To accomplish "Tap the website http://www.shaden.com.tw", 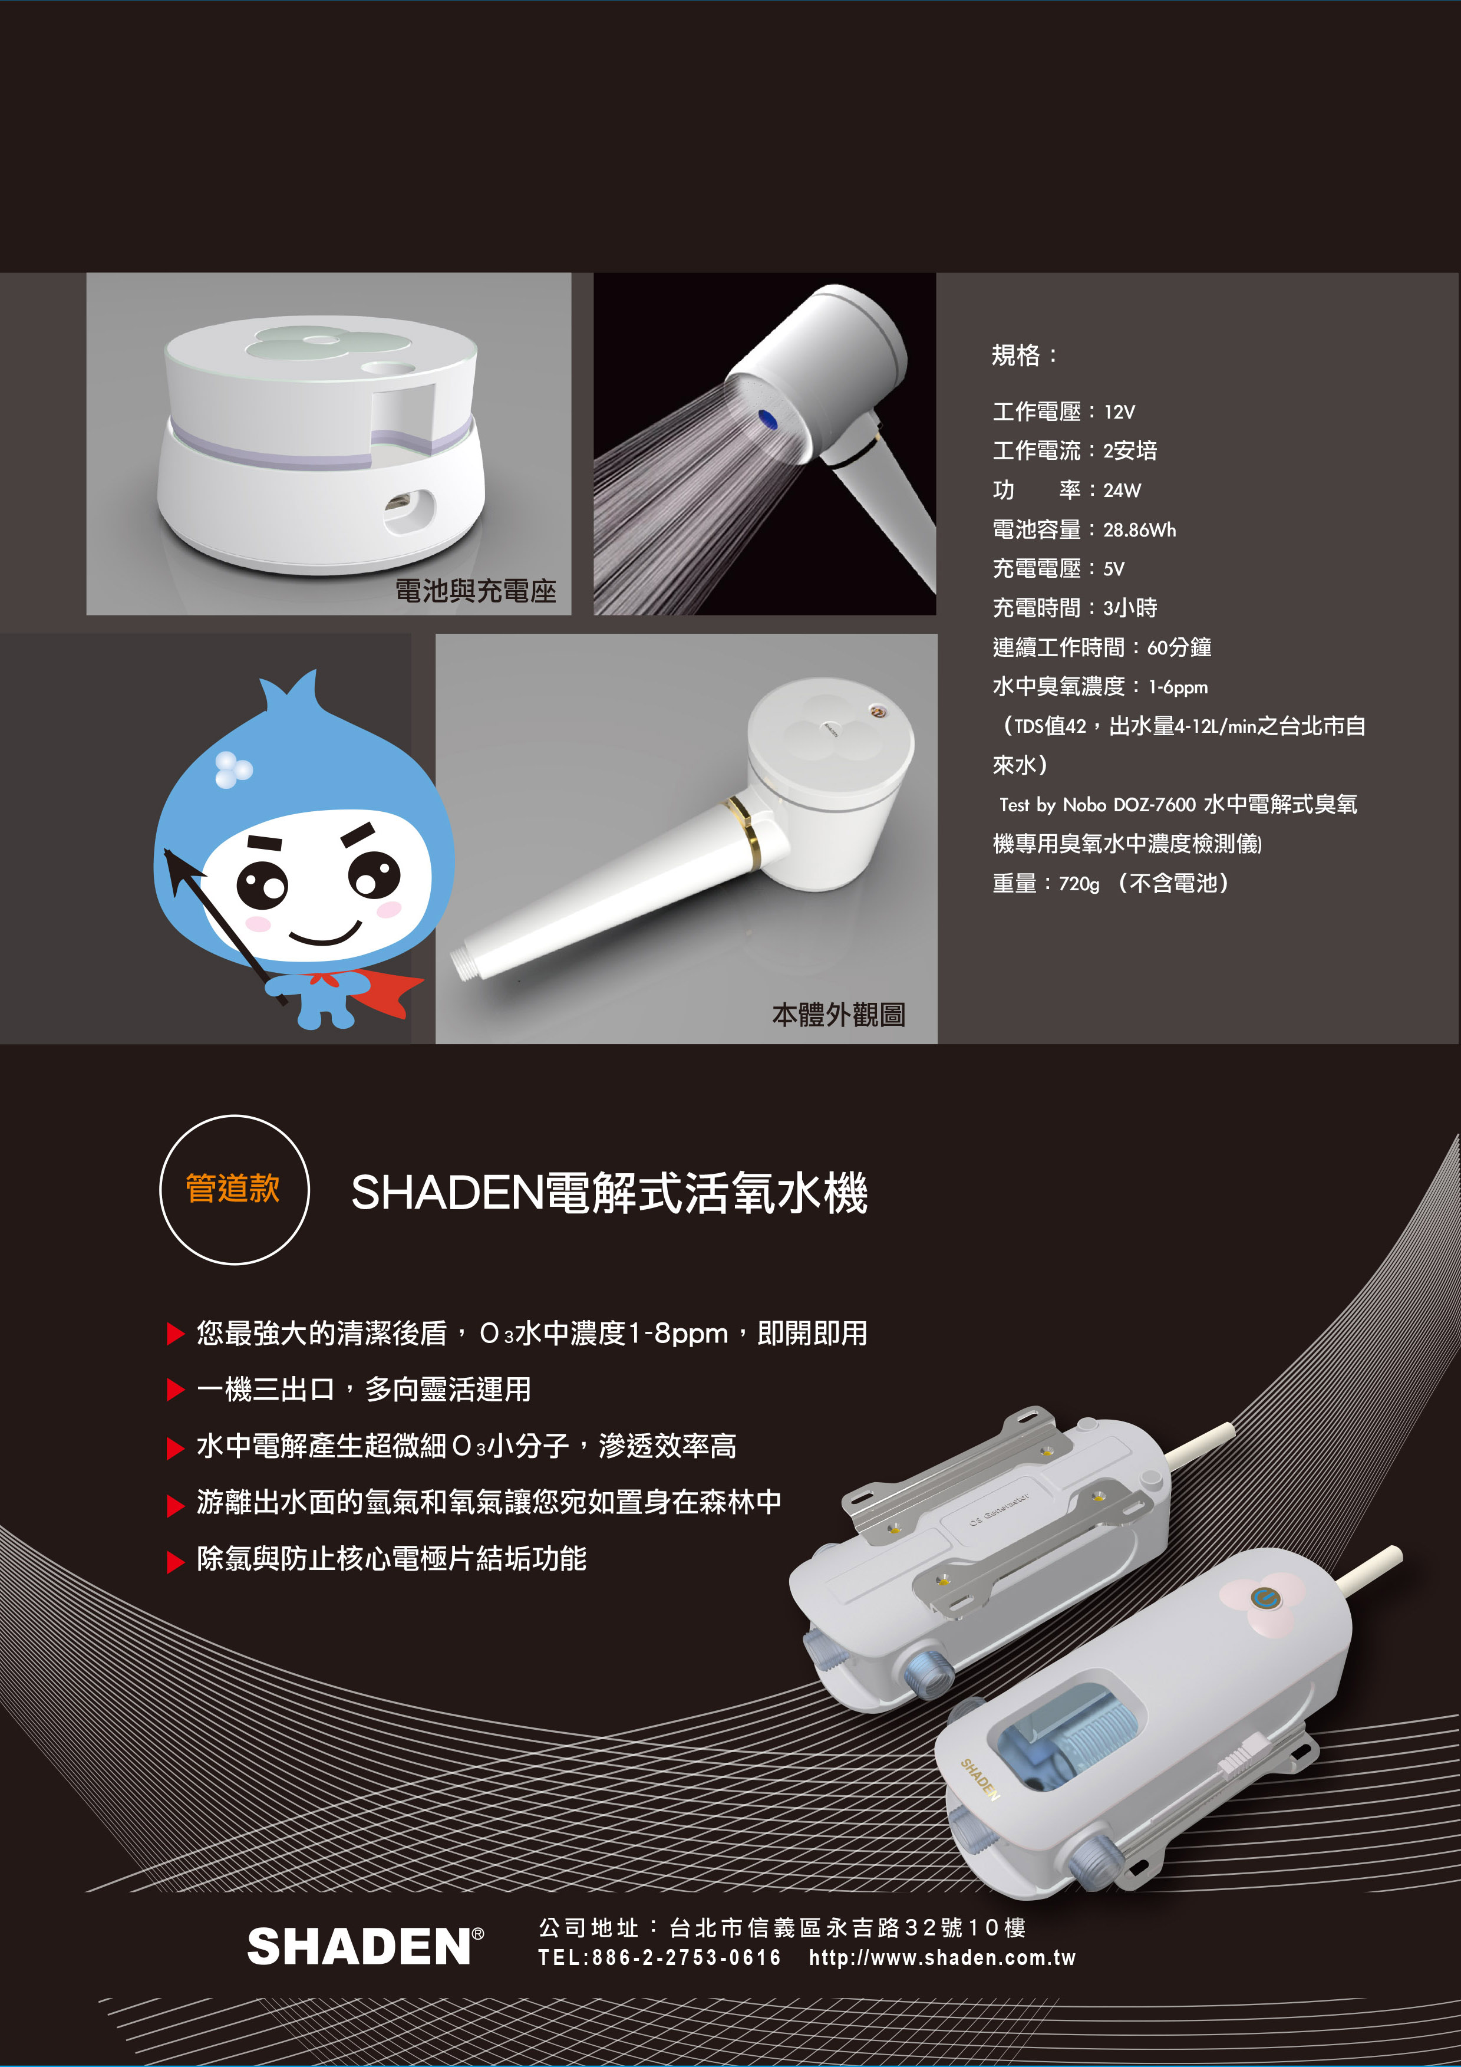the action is tap(942, 1958).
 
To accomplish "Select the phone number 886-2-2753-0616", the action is tap(686, 1958).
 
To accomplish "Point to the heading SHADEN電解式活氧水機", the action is tap(609, 1193).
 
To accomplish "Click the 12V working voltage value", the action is tap(1119, 412).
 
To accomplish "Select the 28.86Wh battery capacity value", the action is tap(1140, 530).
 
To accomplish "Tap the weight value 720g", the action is tap(1079, 884).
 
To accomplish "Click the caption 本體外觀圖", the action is tap(838, 1015).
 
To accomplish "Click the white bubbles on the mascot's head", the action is tap(233, 768).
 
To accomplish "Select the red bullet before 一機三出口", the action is tap(176, 1390).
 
